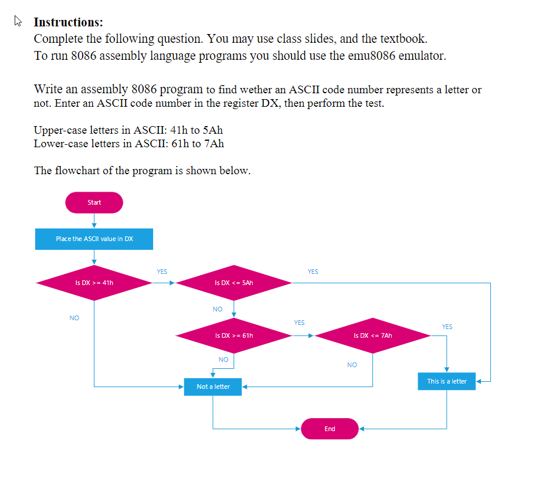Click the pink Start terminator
(94, 202)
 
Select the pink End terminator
(330, 429)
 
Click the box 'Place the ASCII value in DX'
(94, 239)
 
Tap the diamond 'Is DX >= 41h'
(94, 283)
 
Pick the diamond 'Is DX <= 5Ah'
(234, 283)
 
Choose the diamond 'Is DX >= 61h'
(234, 336)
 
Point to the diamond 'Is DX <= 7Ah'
(373, 336)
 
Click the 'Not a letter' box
(213, 386)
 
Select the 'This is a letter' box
(446, 381)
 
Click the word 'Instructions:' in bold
(68, 22)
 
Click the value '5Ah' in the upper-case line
(212, 130)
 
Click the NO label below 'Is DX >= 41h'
(74, 318)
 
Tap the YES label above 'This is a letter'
(447, 327)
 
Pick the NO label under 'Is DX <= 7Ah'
(352, 365)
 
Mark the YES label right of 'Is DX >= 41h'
(162, 272)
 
